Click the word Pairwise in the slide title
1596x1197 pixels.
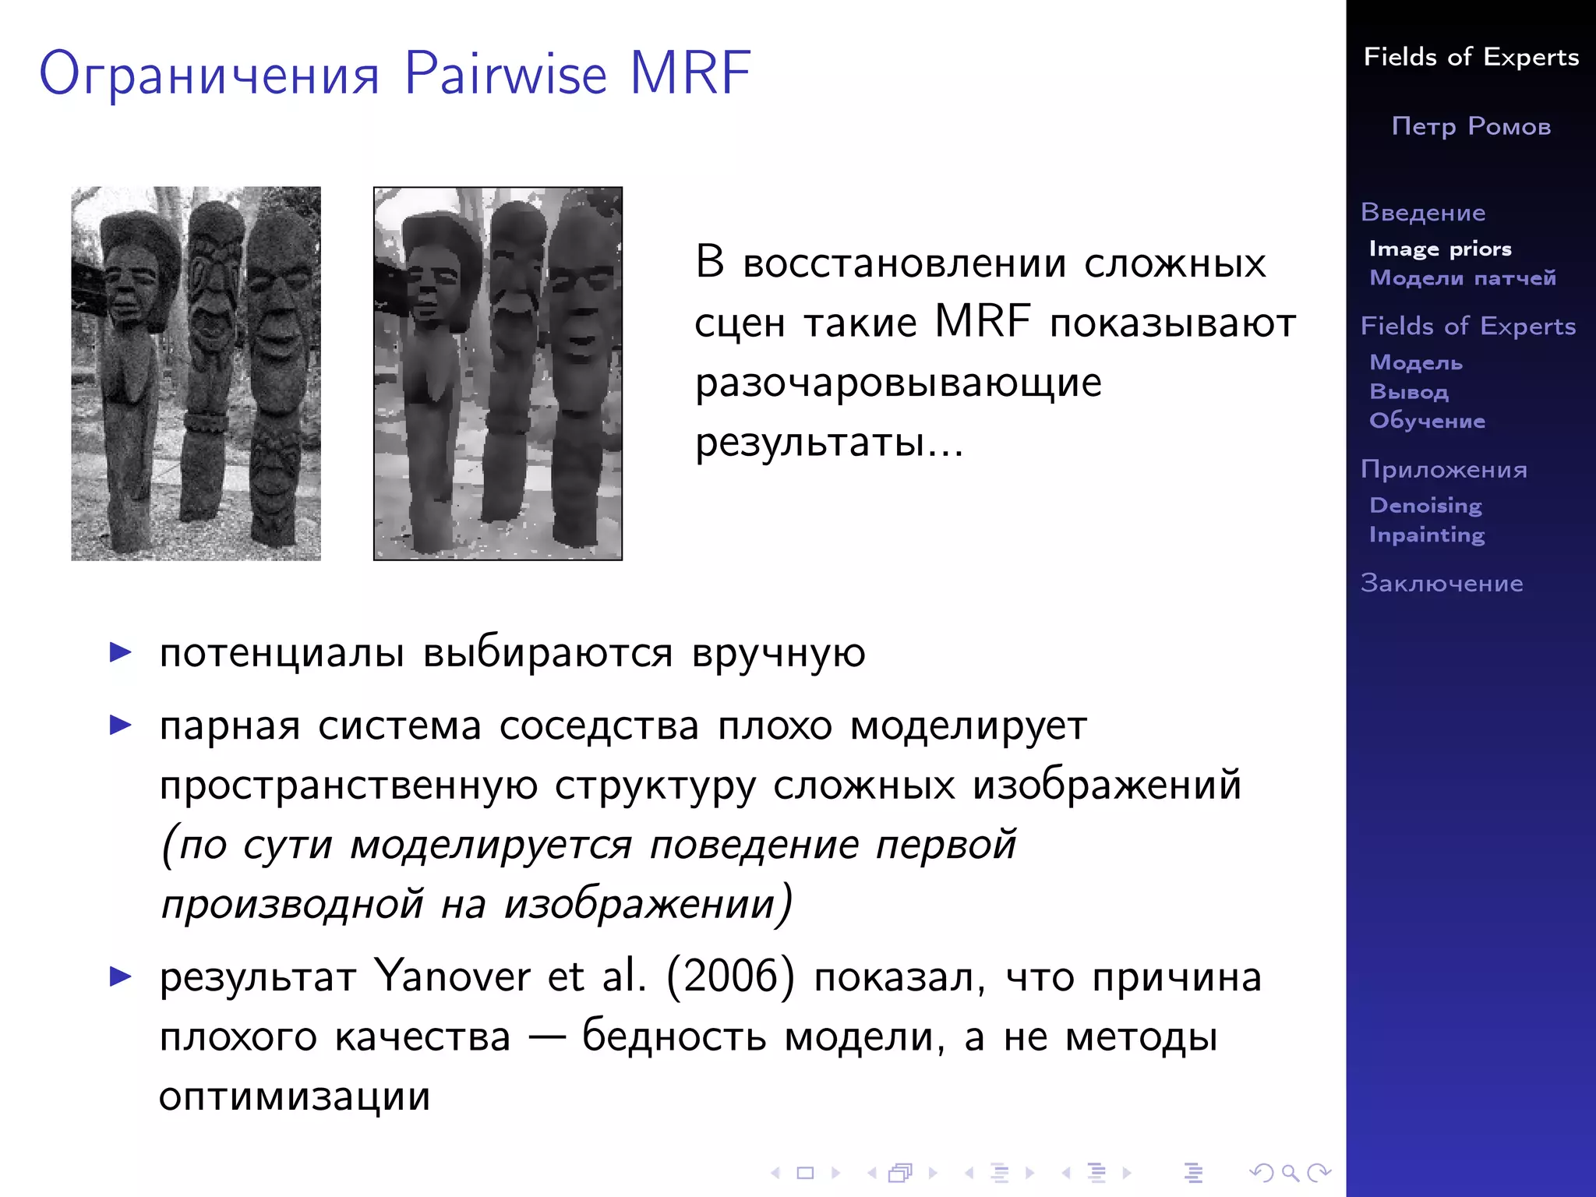tap(505, 73)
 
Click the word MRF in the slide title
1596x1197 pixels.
tap(690, 73)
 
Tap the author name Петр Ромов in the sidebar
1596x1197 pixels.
tap(1471, 126)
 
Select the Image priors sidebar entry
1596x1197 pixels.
tap(1440, 249)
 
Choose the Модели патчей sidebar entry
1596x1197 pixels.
tap(1463, 277)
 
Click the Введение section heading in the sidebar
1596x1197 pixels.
tap(1423, 212)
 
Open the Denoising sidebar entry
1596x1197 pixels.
tap(1425, 505)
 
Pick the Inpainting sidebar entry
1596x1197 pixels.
tap(1427, 535)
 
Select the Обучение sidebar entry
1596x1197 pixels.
tap(1427, 421)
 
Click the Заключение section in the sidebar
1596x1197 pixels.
tap(1442, 583)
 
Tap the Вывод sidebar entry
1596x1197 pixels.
tap(1409, 391)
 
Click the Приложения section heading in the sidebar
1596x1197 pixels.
tap(1444, 469)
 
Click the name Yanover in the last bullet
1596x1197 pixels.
tap(452, 976)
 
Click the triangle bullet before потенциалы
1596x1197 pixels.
tap(121, 651)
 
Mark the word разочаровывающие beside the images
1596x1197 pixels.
tap(899, 383)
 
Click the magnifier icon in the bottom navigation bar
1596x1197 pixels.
tap(1290, 1172)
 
